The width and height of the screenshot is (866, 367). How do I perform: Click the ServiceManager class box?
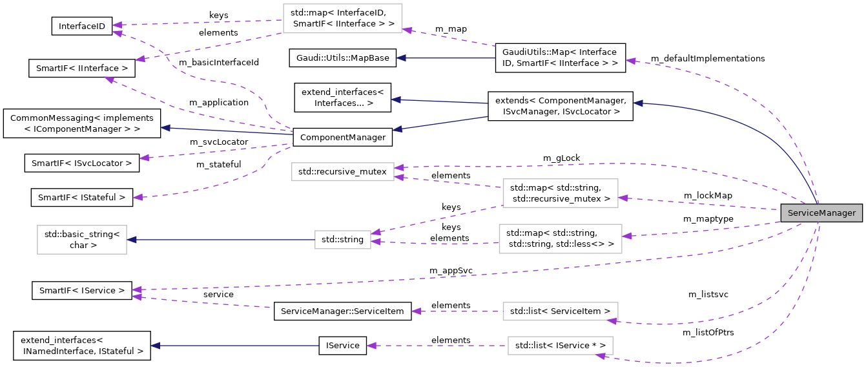821,213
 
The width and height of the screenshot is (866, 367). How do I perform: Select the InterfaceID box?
82,26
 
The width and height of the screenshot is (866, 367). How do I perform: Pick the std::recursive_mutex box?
342,172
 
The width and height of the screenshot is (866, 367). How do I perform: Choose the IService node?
342,346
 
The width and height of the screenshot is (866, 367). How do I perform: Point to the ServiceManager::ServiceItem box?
342,311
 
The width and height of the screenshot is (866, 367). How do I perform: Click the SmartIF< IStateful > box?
82,197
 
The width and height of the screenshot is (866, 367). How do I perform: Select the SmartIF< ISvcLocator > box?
82,163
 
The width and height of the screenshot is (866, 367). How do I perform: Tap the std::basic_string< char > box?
82,240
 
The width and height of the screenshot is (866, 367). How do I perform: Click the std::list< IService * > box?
560,346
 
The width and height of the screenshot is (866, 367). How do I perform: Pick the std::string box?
342,240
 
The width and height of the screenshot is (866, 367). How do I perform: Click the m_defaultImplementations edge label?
707,59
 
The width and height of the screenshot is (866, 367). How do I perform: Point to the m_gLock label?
561,158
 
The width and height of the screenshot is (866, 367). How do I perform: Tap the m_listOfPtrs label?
708,333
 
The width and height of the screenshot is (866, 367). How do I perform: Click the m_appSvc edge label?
451,270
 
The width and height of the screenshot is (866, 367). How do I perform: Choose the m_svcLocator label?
218,142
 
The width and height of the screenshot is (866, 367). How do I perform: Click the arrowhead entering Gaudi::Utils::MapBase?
401,58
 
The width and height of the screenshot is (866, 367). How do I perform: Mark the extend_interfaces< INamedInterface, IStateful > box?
82,346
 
